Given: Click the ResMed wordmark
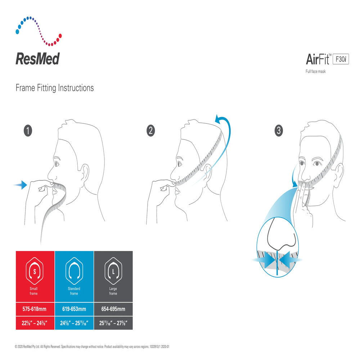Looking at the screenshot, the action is pyautogui.click(x=38, y=59).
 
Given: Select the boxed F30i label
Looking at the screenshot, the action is pyautogui.click(x=341, y=59).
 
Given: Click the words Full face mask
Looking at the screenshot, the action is pyautogui.click(x=315, y=71).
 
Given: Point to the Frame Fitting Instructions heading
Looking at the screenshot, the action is pyautogui.click(x=55, y=88).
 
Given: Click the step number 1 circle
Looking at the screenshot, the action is pyautogui.click(x=28, y=131).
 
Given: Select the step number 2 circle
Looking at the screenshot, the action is pyautogui.click(x=150, y=131).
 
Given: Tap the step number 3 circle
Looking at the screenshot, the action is pyautogui.click(x=279, y=131).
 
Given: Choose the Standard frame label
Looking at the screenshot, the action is pyautogui.click(x=74, y=291).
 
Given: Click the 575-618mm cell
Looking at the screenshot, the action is pyautogui.click(x=35, y=309).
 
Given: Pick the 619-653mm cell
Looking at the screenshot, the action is pyautogui.click(x=74, y=309).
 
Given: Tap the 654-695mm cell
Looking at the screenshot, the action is pyautogui.click(x=113, y=309).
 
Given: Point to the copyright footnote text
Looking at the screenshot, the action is pyautogui.click(x=92, y=347).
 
